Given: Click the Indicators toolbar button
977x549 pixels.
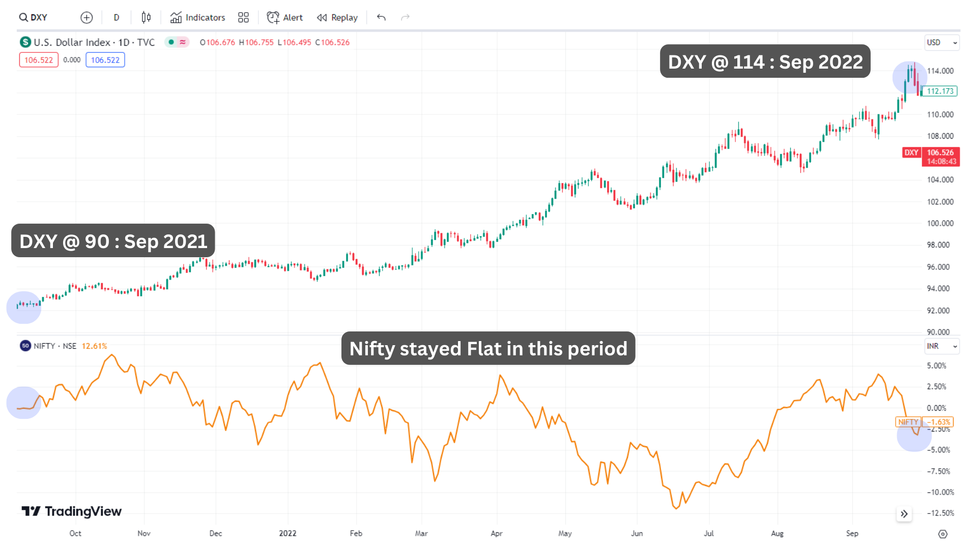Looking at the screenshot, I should pyautogui.click(x=197, y=17).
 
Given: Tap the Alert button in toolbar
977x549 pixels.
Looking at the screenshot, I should pyautogui.click(x=285, y=17).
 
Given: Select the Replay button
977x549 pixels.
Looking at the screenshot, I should pyautogui.click(x=337, y=17).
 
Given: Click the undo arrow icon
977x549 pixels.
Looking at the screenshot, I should pyautogui.click(x=381, y=17).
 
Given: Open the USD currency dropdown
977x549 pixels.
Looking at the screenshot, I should pyautogui.click(x=942, y=43).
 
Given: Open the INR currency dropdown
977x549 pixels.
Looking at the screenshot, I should pyautogui.click(x=942, y=346).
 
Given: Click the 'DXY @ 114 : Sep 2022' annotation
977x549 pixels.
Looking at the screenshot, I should pyautogui.click(x=765, y=62).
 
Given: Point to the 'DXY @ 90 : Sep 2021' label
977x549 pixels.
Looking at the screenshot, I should pyautogui.click(x=113, y=241).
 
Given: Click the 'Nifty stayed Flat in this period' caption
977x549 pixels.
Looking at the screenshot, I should pyautogui.click(x=488, y=349).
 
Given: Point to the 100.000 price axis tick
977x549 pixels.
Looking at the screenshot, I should pyautogui.click(x=940, y=223).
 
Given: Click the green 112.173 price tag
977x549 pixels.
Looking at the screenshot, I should pyautogui.click(x=940, y=91).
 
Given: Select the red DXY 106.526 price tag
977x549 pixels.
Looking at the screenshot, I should pyautogui.click(x=931, y=157).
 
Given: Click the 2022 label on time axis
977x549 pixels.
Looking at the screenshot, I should pyautogui.click(x=288, y=533).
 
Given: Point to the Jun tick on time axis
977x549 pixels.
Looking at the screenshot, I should pyautogui.click(x=637, y=533).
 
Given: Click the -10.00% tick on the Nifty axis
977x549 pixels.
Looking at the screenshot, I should pyautogui.click(x=940, y=492).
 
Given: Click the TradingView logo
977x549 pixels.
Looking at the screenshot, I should pyautogui.click(x=72, y=511).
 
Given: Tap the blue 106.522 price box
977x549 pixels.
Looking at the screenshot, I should pyautogui.click(x=105, y=60).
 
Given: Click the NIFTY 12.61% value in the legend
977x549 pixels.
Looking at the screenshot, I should pyautogui.click(x=94, y=346).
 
